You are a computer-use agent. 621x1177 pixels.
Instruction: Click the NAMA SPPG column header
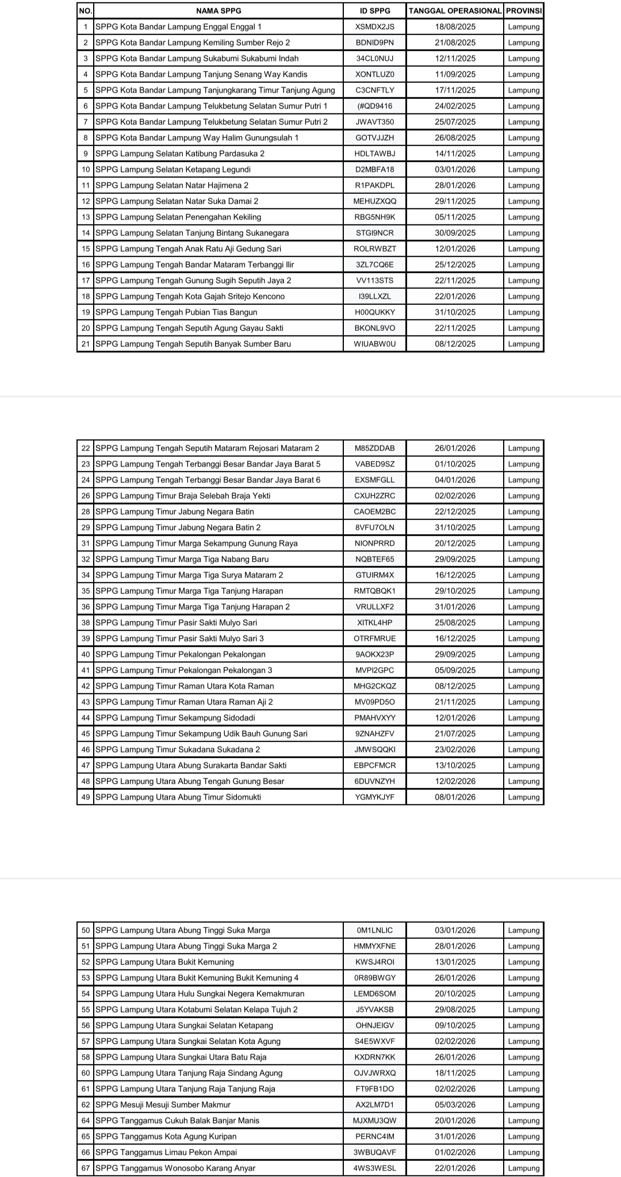coord(218,10)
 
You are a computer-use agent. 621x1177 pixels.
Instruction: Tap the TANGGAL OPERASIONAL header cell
coord(455,10)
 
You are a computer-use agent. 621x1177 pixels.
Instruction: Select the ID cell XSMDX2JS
coord(375,26)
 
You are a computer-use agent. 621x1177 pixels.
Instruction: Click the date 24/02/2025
coord(455,106)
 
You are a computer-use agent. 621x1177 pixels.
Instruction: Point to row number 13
coord(86,217)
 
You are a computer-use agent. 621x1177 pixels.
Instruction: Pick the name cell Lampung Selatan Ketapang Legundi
coord(173,169)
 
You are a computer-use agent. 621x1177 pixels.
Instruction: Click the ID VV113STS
coord(375,280)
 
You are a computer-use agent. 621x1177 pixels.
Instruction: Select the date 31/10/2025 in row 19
coord(455,312)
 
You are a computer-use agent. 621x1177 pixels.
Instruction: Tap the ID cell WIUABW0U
coord(375,344)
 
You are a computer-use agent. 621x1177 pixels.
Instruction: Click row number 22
coord(86,448)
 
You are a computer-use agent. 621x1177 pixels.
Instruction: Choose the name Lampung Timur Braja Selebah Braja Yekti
coord(183,495)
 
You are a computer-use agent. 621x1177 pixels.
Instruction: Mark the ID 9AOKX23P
coord(375,654)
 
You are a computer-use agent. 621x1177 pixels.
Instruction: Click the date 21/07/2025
coord(455,733)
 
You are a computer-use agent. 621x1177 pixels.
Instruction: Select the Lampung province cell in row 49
coord(523,797)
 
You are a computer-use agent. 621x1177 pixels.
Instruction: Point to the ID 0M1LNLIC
coord(375,930)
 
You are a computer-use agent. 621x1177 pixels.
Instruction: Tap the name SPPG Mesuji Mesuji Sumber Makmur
coord(163,1105)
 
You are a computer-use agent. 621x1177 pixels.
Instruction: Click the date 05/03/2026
coord(455,1105)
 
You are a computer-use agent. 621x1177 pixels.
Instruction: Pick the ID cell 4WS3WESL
coord(375,1168)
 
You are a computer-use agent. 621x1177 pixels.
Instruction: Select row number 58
coord(86,1057)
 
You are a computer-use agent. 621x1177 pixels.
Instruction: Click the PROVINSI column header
coord(523,10)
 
